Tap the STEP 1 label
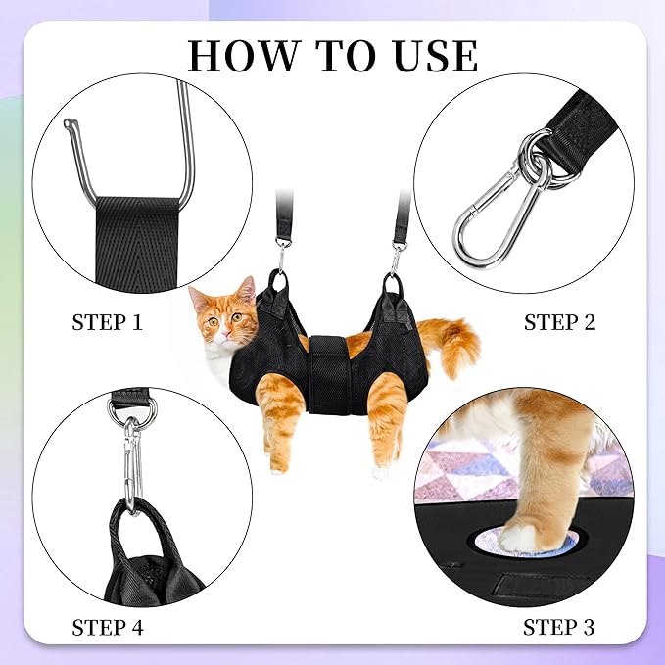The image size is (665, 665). [x=108, y=322]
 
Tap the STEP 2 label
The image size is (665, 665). [x=558, y=322]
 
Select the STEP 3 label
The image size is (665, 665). [x=558, y=626]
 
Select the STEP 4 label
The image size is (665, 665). [x=108, y=626]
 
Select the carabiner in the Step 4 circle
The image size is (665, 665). [x=131, y=460]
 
